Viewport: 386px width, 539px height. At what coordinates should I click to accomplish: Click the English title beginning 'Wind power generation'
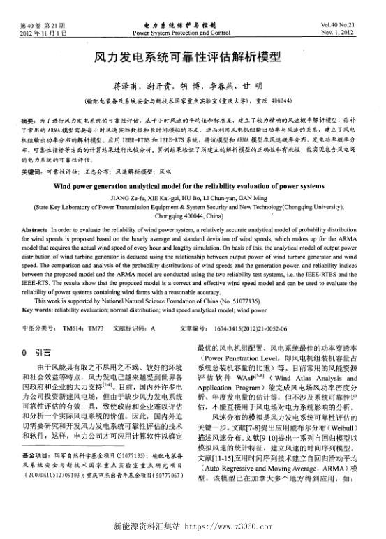193,187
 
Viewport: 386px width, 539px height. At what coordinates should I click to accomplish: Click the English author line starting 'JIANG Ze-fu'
193,198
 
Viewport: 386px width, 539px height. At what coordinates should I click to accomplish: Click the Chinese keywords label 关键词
30,171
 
